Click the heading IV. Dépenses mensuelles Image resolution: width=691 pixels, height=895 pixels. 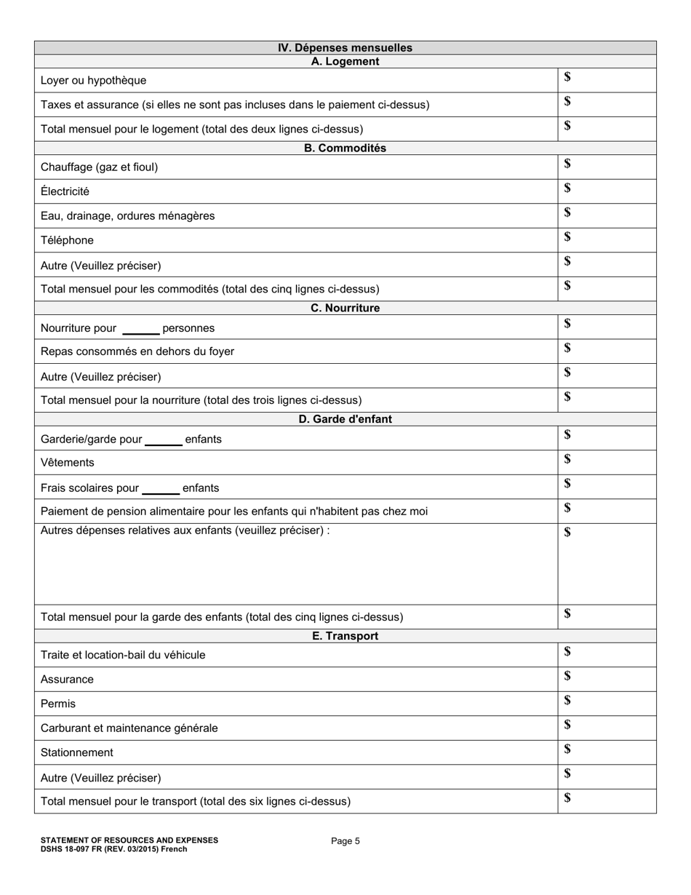pyautogui.click(x=345, y=48)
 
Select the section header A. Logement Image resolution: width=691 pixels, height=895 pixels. pyautogui.click(x=345, y=62)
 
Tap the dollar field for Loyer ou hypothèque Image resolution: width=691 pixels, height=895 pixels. pyautogui.click(x=607, y=80)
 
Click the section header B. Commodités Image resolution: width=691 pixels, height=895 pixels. pyautogui.click(x=345, y=148)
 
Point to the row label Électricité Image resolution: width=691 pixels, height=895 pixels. pyautogui.click(x=65, y=191)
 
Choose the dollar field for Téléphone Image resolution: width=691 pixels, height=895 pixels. pyautogui.click(x=607, y=239)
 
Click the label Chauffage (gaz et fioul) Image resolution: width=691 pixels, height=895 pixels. pyautogui.click(x=99, y=167)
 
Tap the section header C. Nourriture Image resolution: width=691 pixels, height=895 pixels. pyautogui.click(x=345, y=309)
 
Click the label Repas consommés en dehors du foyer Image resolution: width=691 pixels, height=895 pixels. pyautogui.click(x=137, y=351)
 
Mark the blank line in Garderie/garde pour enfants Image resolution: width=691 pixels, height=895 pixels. pyautogui.click(x=164, y=442)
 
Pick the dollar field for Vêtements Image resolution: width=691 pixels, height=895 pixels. pyautogui.click(x=607, y=462)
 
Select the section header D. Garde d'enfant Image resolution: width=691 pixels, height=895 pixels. pyautogui.click(x=345, y=420)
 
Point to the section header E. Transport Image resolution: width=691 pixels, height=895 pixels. pyautogui.click(x=345, y=637)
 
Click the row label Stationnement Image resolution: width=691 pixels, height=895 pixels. pyautogui.click(x=77, y=752)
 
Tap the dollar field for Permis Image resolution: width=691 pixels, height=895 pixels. pyautogui.click(x=607, y=704)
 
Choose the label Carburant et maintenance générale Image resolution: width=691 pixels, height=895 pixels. pyautogui.click(x=129, y=728)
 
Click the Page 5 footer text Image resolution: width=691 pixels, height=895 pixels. pyautogui.click(x=345, y=841)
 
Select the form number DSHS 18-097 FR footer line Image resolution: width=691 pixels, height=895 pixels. pyautogui.click(x=113, y=849)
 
